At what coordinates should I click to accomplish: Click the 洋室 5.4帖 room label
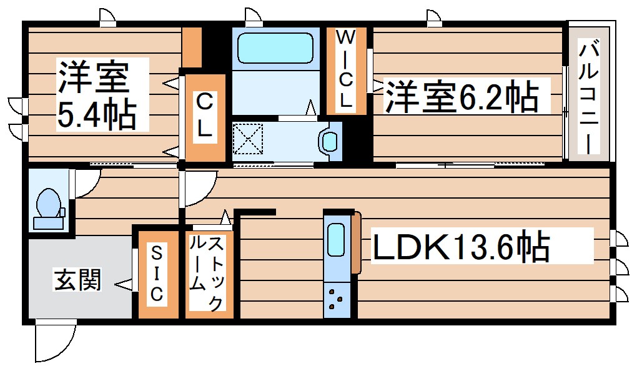[97, 95]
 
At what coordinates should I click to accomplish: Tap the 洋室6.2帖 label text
[461, 96]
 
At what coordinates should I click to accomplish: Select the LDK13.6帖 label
[461, 247]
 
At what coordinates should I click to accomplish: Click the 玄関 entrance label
[77, 280]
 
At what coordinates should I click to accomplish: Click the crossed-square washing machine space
[248, 138]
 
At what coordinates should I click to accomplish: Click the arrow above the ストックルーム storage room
[225, 217]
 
